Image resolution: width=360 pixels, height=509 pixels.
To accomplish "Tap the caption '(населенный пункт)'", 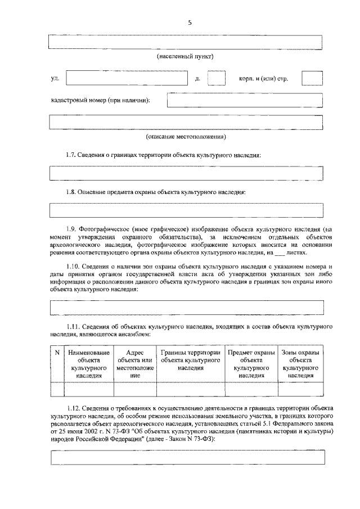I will pyautogui.click(x=184, y=57).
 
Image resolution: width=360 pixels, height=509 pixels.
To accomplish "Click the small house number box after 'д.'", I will pyautogui.click(x=216, y=79).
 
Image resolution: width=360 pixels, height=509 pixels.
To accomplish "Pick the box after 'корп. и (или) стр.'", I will pyautogui.click(x=312, y=79).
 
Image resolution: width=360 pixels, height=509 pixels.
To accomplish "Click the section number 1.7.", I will pyautogui.click(x=73, y=155).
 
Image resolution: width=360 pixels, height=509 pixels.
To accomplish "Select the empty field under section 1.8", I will pyautogui.click(x=186, y=210).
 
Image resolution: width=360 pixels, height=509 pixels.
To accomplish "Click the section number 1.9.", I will pyautogui.click(x=73, y=229).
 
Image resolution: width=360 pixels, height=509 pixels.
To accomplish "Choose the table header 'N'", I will pyautogui.click(x=57, y=352).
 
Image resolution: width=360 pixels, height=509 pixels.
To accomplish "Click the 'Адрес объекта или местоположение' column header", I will pyautogui.click(x=134, y=363).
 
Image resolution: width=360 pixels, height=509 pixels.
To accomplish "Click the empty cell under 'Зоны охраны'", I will pyautogui.click(x=300, y=389).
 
